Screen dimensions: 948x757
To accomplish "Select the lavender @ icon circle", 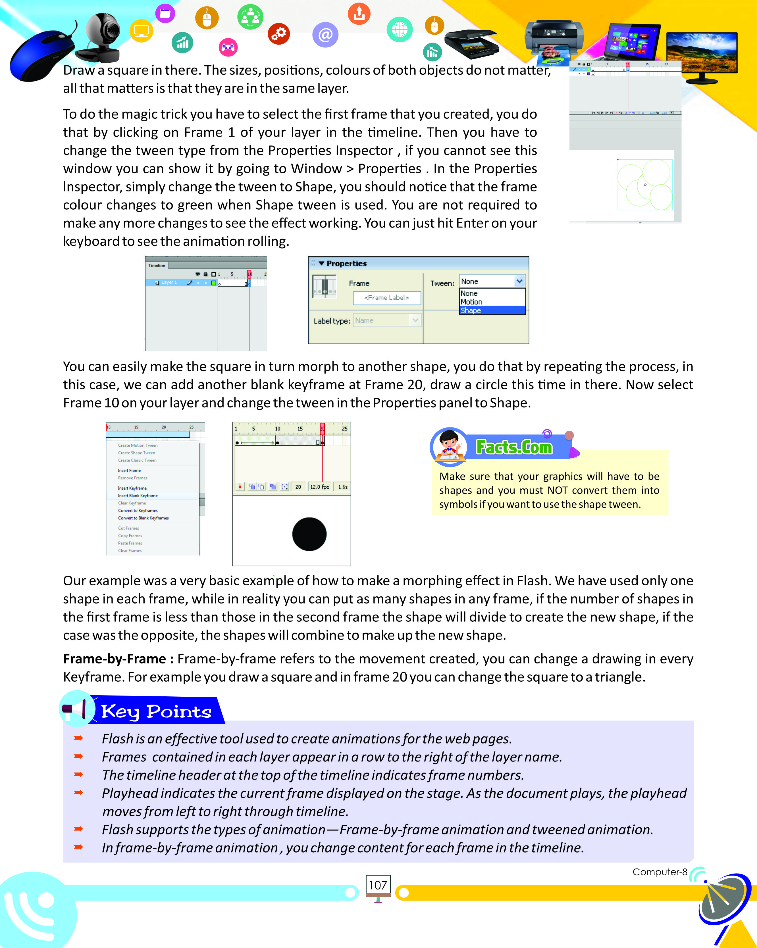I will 325,34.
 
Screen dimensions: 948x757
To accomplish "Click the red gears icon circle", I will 279,34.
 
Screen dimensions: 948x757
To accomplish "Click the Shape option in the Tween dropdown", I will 492,310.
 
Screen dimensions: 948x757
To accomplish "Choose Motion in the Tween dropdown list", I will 471,302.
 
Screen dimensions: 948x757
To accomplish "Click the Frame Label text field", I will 387,298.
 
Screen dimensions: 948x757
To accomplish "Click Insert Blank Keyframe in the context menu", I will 138,496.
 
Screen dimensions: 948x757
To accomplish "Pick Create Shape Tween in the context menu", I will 136,453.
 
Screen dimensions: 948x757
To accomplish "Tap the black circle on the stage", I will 309,534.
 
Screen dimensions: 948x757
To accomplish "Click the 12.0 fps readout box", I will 320,487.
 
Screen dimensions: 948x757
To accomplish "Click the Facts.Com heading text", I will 514,447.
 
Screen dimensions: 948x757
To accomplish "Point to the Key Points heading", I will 156,711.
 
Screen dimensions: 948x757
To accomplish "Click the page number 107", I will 378,885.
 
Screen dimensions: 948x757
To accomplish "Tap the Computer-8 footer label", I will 659,872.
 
